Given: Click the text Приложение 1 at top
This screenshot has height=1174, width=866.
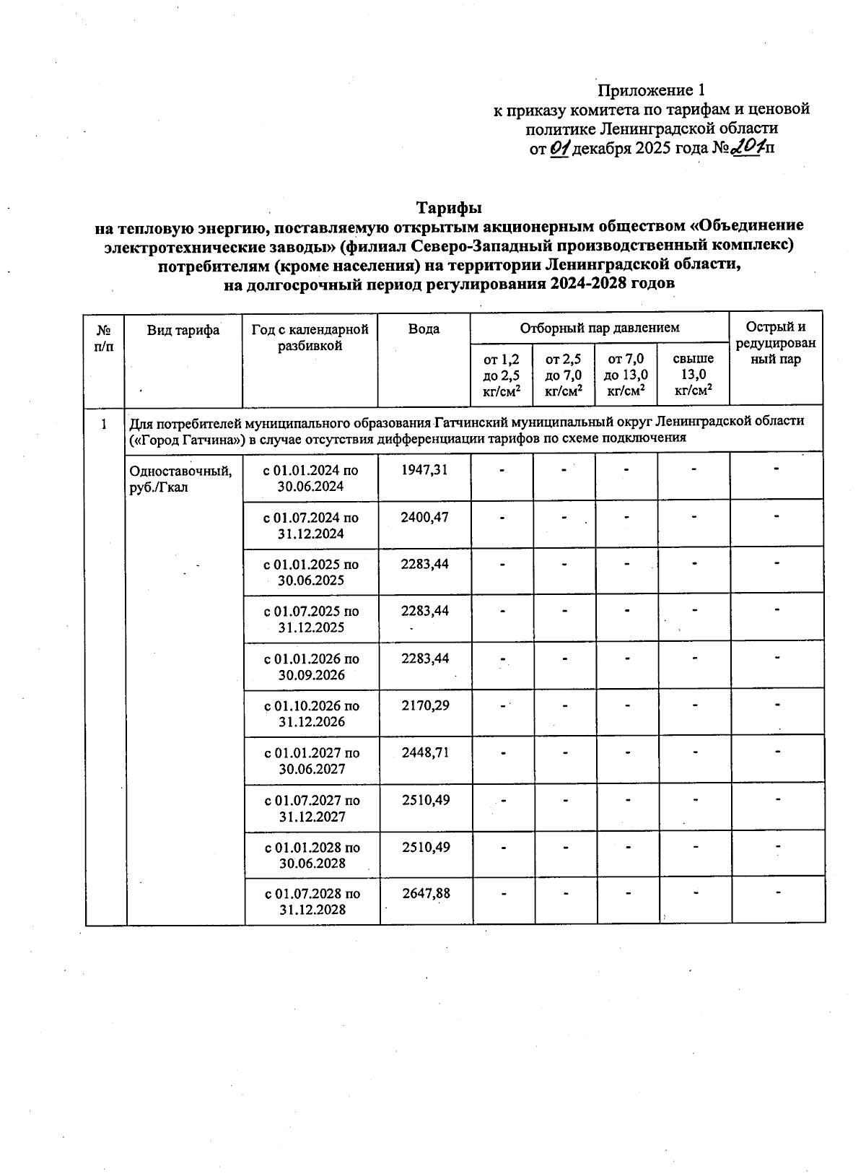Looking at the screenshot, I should pyautogui.click(x=650, y=90).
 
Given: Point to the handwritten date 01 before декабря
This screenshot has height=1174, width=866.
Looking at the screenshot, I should pyautogui.click(x=559, y=149).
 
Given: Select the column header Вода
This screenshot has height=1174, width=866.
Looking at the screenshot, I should pyautogui.click(x=424, y=329).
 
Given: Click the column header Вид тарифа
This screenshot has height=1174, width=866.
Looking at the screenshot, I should pyautogui.click(x=183, y=330).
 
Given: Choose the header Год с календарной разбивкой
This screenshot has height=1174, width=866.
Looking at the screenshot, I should pyautogui.click(x=310, y=337).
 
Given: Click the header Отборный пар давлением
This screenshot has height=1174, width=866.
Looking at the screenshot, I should pyautogui.click(x=600, y=328).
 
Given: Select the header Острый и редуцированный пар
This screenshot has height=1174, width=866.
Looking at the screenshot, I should pyautogui.click(x=776, y=343).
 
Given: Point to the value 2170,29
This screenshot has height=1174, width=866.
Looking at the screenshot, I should pyautogui.click(x=425, y=705).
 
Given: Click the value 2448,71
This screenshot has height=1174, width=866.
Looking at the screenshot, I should pyautogui.click(x=426, y=752).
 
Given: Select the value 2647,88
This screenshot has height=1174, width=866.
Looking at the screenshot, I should pyautogui.click(x=427, y=893).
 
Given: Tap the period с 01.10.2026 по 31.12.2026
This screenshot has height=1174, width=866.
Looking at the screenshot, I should pyautogui.click(x=312, y=713).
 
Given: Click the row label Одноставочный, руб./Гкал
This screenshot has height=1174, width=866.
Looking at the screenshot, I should pyautogui.click(x=180, y=479).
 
